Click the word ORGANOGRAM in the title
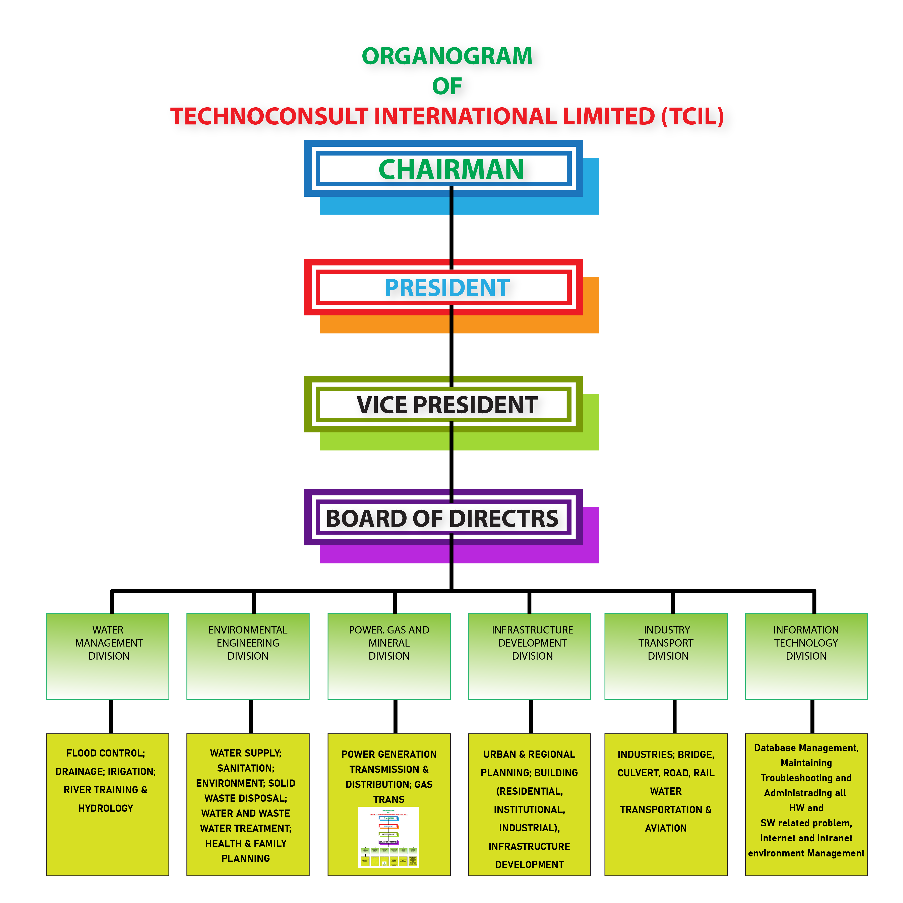pyautogui.click(x=447, y=56)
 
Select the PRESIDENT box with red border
pyautogui.click(x=447, y=287)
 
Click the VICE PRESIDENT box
pyautogui.click(x=447, y=405)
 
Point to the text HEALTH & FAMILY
pyautogui.click(x=246, y=843)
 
